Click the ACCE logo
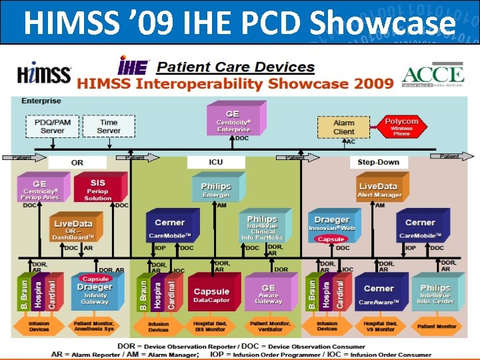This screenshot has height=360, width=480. point(433,77)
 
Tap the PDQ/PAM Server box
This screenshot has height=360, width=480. point(53,126)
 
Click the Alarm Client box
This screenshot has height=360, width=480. point(343,127)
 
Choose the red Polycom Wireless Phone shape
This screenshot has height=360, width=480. point(401,126)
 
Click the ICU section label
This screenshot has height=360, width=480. point(216,162)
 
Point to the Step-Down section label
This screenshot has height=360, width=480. point(378,162)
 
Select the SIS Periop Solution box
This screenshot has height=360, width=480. point(98,189)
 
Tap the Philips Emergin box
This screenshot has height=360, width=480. point(215,189)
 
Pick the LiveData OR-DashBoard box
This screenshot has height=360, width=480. point(73,228)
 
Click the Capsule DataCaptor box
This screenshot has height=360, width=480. point(211,293)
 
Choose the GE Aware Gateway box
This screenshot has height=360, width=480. point(268,293)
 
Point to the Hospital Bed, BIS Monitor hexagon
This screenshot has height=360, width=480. point(211,327)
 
